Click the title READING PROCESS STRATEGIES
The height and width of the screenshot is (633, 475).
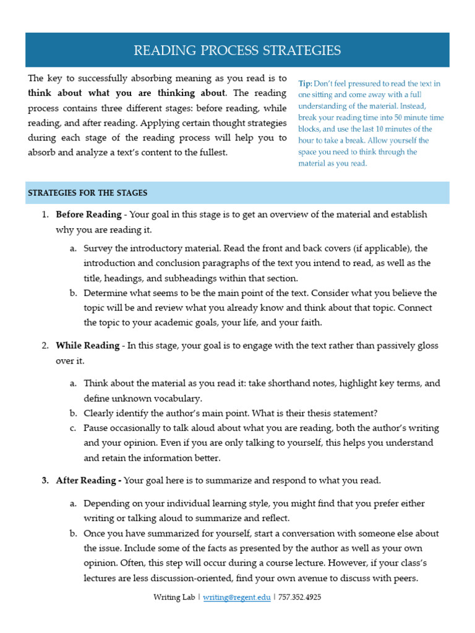pos(237,51)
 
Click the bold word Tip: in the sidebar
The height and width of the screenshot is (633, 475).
pos(305,83)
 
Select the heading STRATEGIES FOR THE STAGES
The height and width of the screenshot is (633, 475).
pos(87,193)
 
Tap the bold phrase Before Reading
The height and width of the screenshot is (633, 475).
pos(88,215)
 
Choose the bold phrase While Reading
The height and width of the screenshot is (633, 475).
pos(87,346)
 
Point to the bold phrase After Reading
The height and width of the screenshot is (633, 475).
pos(87,480)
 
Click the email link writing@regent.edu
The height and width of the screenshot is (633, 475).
pos(236,598)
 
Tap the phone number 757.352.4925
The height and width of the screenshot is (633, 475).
pos(300,598)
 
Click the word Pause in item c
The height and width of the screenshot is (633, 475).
pos(96,428)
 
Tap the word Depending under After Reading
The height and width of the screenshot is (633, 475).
pos(106,504)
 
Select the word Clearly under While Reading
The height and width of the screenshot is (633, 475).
pos(99,414)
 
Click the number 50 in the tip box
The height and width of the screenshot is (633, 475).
pos(403,117)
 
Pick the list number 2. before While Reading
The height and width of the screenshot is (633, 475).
pos(45,346)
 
